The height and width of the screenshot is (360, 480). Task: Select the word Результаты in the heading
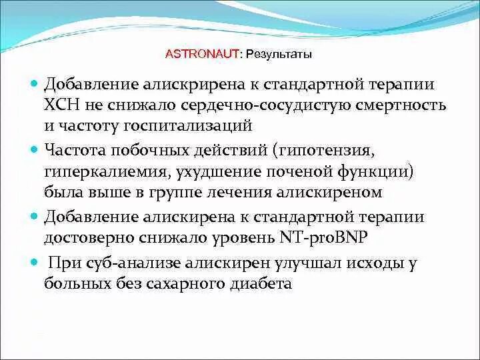[x=279, y=54]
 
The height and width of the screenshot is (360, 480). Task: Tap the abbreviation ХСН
[x=61, y=105]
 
